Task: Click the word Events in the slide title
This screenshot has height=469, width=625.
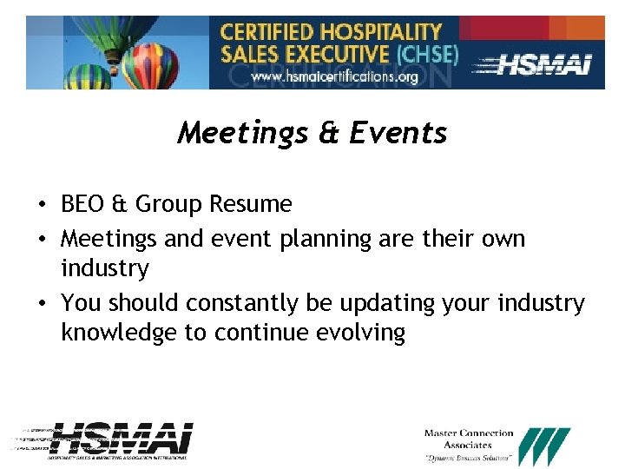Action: (398, 133)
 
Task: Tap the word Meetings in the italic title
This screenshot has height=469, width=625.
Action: (242, 133)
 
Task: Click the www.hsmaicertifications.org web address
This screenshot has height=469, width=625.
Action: (334, 76)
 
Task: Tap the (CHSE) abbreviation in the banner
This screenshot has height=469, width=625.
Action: (426, 54)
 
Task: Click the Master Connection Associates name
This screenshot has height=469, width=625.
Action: (469, 439)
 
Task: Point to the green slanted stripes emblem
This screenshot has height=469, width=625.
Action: (549, 446)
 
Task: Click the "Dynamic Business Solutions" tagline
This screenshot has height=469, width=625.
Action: (469, 459)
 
